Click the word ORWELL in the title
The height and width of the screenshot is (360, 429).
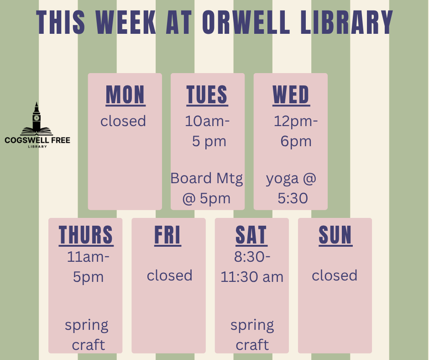(246, 22)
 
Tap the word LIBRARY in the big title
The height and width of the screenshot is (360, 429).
(347, 22)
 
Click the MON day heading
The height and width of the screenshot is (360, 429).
(126, 95)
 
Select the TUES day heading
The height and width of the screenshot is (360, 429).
(207, 95)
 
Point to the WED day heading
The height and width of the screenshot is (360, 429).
(291, 95)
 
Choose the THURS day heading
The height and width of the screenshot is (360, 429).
(86, 235)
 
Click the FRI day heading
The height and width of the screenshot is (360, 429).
(167, 235)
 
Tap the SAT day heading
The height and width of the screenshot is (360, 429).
(251, 235)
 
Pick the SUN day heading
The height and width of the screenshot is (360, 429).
(335, 235)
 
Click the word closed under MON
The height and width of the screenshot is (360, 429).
(123, 121)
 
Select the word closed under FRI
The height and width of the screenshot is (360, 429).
(170, 275)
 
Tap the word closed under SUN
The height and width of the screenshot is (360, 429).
(335, 275)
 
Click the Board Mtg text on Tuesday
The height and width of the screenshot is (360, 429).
(207, 178)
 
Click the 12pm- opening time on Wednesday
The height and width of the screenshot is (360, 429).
(296, 122)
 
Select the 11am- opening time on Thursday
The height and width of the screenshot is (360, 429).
(88, 257)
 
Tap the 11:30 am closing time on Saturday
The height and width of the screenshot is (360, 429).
(252, 277)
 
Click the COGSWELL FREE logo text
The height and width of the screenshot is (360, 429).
(37, 140)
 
